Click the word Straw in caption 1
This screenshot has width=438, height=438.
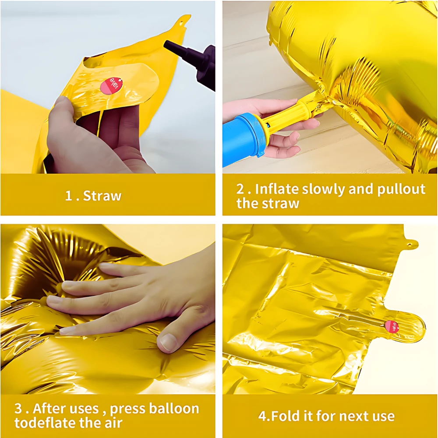click(102, 196)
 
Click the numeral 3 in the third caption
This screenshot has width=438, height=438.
click(18, 409)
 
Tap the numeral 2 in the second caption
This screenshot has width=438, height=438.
click(240, 189)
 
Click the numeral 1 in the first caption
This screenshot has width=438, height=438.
click(69, 196)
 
